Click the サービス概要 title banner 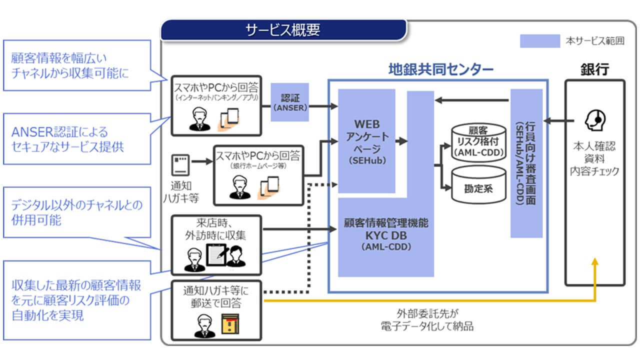coord(283,30)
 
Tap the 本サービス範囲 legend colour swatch coord(539,41)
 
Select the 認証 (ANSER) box coord(290,102)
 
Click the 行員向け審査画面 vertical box coord(526,163)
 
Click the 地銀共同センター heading coord(440,69)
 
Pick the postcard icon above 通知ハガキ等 coord(180,164)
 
